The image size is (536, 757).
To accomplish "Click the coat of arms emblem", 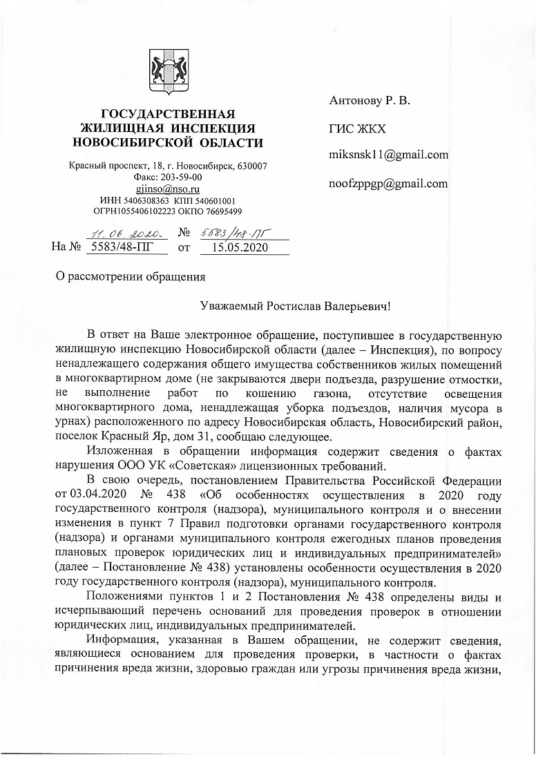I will tap(169, 72).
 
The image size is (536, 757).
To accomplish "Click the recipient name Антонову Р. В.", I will tap(370, 101).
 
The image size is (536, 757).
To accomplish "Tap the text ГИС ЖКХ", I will tap(357, 128).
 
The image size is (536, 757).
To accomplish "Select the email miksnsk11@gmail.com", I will tap(389, 155).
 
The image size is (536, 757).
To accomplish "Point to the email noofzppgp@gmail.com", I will tap(388, 183).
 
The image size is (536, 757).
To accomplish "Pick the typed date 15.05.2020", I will tap(240, 246).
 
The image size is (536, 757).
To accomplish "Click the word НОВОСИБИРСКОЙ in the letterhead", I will tap(139, 142).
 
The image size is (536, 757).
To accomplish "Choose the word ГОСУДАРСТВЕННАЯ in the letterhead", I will tap(169, 113).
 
